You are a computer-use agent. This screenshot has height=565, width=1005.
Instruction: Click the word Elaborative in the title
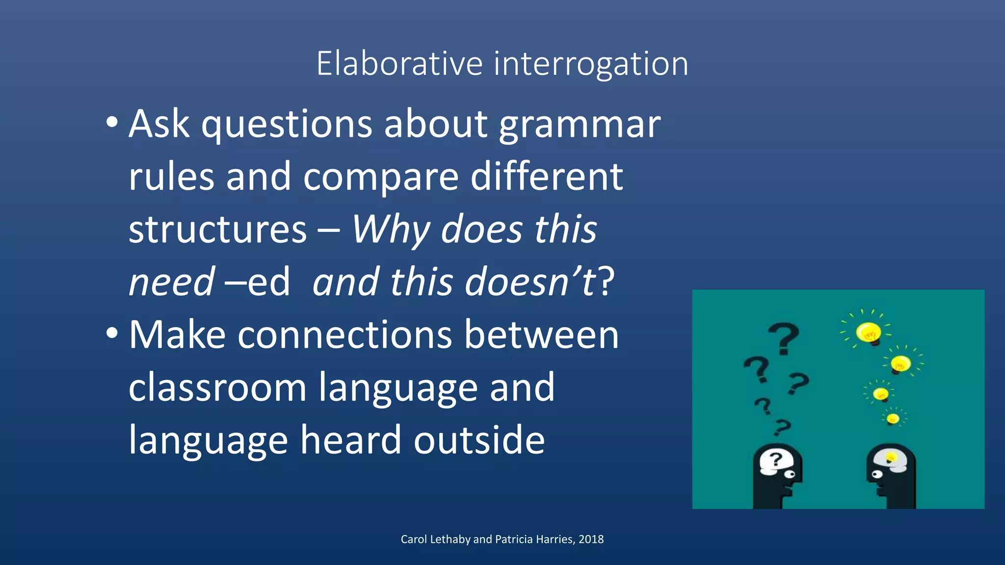pyautogui.click(x=399, y=64)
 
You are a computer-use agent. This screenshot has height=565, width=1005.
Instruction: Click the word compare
pyautogui.click(x=381, y=177)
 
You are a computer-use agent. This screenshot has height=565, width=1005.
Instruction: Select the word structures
pyautogui.click(x=217, y=230)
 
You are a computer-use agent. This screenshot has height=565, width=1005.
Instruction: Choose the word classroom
pyautogui.click(x=217, y=387)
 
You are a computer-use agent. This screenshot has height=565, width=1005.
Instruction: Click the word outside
pyautogui.click(x=479, y=440)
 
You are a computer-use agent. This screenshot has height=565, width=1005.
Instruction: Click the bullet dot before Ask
pyautogui.click(x=112, y=123)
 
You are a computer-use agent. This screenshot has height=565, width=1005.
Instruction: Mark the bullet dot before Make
pyautogui.click(x=112, y=334)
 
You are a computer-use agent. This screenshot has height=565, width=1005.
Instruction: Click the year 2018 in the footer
pyautogui.click(x=591, y=539)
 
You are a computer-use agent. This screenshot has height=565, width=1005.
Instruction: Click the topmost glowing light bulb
pyautogui.click(x=869, y=333)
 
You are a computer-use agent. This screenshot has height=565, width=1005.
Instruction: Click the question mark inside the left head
pyautogui.click(x=775, y=460)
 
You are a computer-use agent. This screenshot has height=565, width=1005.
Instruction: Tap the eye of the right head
pyautogui.click(x=876, y=474)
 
